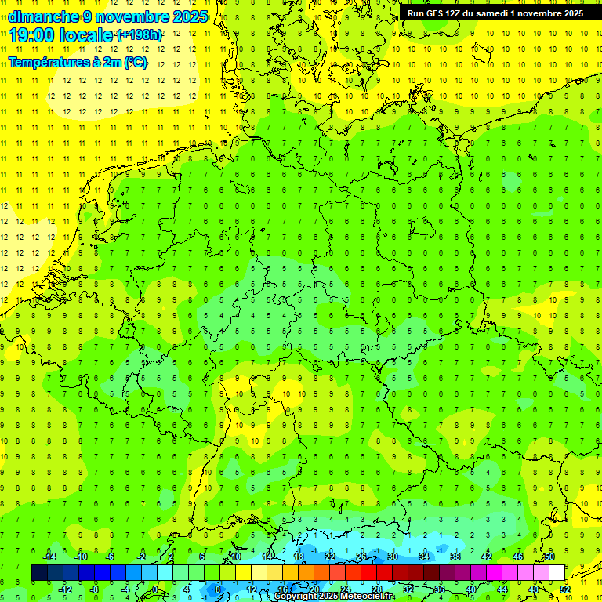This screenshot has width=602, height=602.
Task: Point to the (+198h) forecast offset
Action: click(139, 35)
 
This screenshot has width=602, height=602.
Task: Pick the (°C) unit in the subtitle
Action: click(135, 63)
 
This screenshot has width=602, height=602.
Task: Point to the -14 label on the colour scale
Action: click(49, 557)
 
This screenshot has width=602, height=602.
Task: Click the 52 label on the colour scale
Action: click(565, 589)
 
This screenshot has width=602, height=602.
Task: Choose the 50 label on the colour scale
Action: click(549, 557)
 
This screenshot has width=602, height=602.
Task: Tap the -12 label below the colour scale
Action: click(65, 589)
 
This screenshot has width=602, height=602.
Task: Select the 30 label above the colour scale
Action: click(392, 557)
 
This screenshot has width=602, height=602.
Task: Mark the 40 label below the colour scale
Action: click(471, 589)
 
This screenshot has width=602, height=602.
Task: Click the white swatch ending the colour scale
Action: click(557, 573)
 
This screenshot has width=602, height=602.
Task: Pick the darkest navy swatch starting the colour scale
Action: click(39, 573)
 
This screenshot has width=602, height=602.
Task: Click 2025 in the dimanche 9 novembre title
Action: click(190, 16)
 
